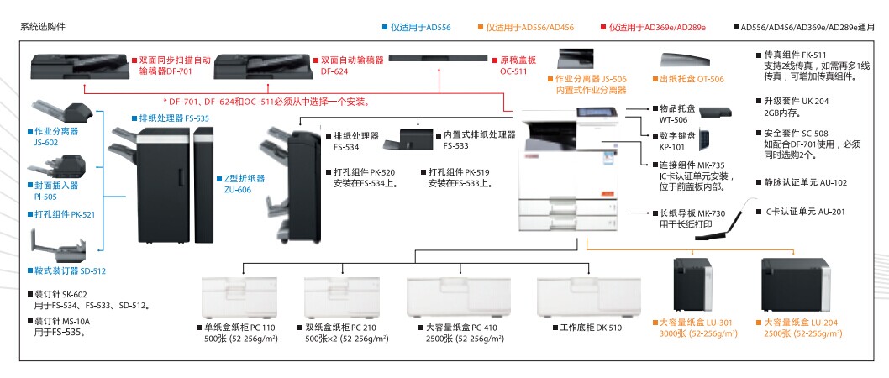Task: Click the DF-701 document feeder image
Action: coord(78,64)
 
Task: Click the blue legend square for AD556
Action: coord(384,28)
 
